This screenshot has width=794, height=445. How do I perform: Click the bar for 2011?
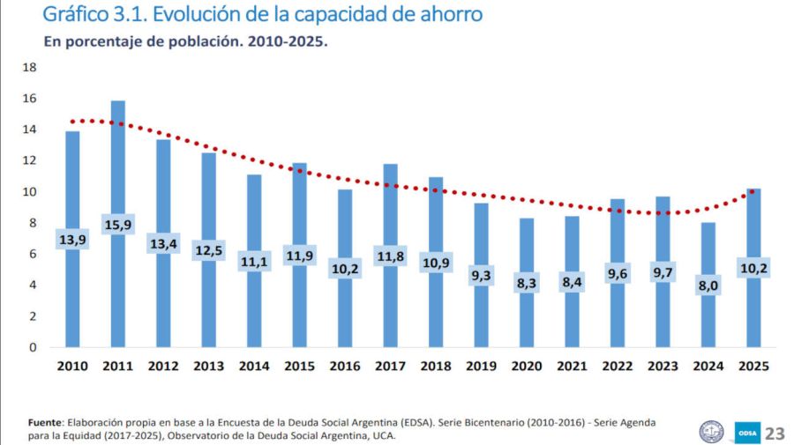pos(118,176)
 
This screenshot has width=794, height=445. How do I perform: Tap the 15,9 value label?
pos(118,225)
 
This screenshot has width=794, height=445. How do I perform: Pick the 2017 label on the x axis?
pos(390,366)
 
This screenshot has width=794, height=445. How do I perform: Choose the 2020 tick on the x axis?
pos(527,366)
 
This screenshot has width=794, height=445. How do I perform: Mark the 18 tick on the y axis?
pos(29,68)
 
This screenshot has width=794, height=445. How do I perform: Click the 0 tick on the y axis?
pos(33,347)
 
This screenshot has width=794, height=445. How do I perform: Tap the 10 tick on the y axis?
pos(29,192)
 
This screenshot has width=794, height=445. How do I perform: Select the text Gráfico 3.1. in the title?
pos(96,15)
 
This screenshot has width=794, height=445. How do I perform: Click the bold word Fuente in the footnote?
pos(45,422)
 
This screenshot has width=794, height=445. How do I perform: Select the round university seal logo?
pos(710,431)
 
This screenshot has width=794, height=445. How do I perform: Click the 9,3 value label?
pos(481,276)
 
